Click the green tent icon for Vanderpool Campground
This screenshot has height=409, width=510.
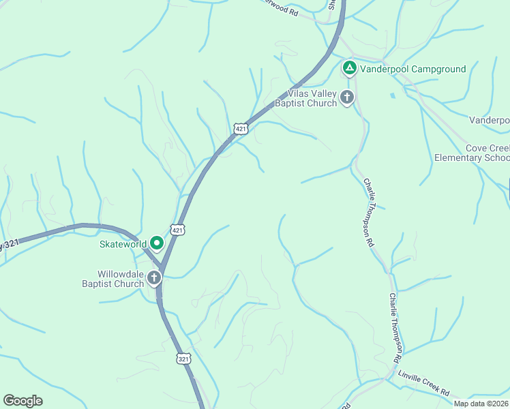349,69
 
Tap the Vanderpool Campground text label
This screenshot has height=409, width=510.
413,69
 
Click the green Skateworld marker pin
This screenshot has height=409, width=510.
157,243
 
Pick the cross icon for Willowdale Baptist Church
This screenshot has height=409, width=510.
154,278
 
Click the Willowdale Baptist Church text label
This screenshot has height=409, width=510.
111,279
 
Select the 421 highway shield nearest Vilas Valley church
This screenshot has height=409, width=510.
239,128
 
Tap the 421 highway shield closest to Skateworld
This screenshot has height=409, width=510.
178,230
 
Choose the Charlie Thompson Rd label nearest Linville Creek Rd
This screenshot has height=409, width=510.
395,327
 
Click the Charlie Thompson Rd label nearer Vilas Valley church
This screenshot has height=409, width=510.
369,213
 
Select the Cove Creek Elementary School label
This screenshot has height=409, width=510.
472,153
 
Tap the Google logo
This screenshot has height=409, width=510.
22,401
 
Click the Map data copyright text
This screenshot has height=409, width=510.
481,404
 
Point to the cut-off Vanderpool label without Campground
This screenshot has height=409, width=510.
490,120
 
